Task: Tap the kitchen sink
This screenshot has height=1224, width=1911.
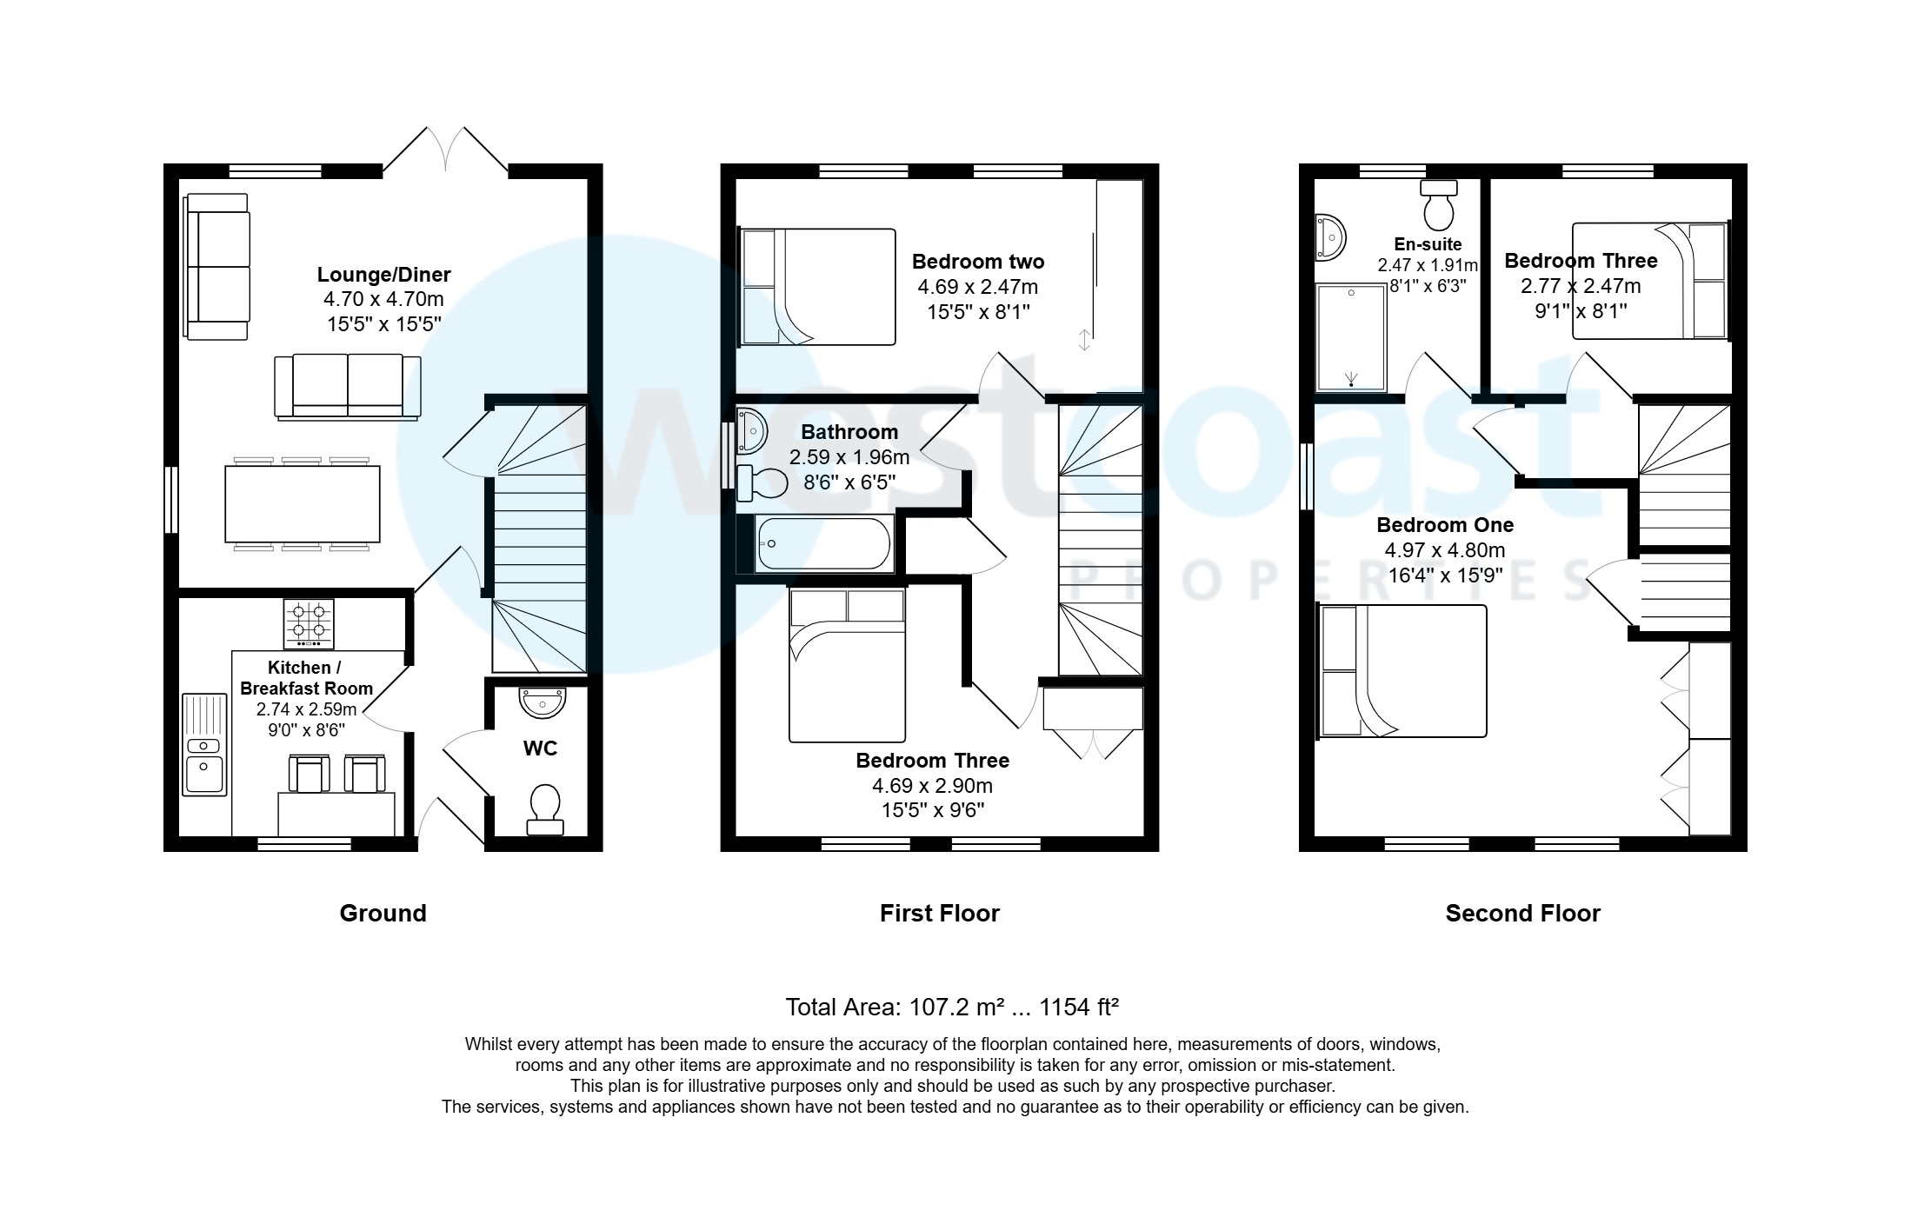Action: click(x=204, y=744)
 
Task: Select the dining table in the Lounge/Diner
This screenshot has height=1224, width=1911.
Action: click(x=302, y=504)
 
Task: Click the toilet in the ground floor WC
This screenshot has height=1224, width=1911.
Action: click(x=545, y=808)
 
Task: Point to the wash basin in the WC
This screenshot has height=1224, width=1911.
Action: click(x=542, y=702)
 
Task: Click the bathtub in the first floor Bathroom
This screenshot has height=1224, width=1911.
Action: click(x=823, y=544)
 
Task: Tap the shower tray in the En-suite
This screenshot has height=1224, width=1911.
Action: click(x=1350, y=337)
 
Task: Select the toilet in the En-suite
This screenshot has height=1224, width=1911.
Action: click(x=1439, y=203)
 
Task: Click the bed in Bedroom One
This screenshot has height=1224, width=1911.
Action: click(x=1402, y=671)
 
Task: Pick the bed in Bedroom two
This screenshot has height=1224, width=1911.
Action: click(x=816, y=287)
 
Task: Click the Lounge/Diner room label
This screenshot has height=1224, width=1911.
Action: click(x=383, y=275)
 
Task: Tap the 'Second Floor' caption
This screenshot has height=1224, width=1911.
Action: click(x=1522, y=913)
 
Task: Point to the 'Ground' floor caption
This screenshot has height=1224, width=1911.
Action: click(x=383, y=913)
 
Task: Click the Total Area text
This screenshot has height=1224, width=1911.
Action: click(x=951, y=1007)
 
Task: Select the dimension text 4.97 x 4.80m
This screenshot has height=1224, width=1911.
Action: click(x=1445, y=549)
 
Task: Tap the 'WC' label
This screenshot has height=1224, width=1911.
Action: click(x=540, y=748)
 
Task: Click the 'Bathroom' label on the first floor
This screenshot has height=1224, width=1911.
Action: click(x=849, y=432)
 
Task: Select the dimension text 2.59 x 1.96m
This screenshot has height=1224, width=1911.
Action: click(x=849, y=457)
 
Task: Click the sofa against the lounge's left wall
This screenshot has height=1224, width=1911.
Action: click(x=217, y=265)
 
